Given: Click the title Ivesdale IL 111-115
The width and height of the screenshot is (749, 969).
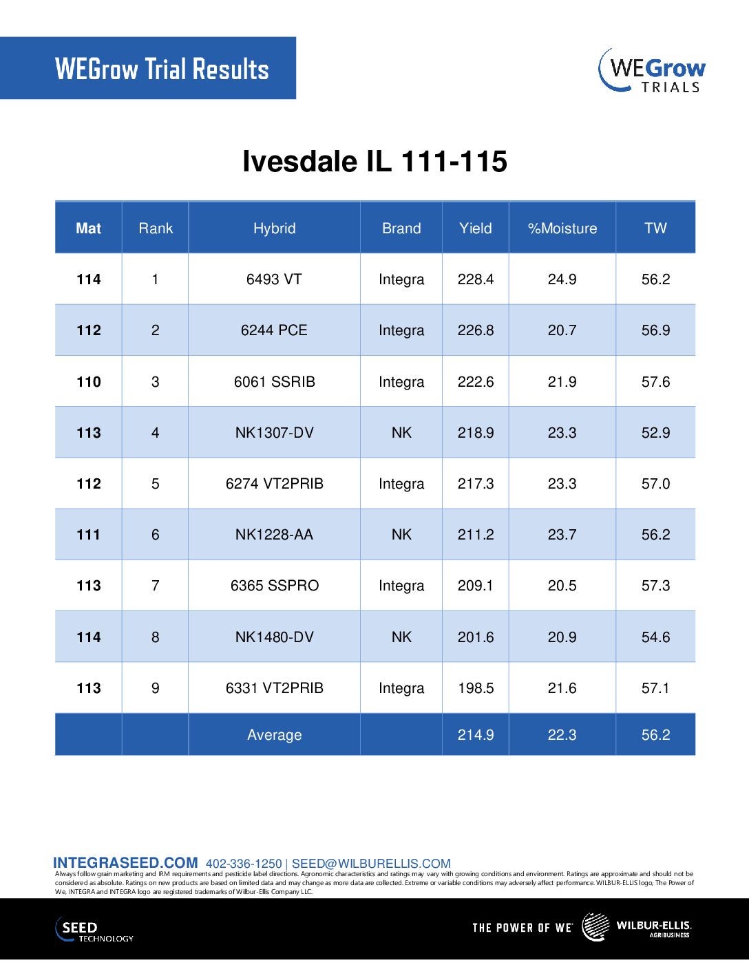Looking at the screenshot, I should tap(374, 162).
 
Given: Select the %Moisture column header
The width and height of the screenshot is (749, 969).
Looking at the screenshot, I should tap(562, 228).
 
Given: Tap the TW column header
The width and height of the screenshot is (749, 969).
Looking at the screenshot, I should tap(655, 228).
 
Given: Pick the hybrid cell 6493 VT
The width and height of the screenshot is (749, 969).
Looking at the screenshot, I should tap(274, 279).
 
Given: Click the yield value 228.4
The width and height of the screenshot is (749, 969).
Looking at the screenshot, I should tap(476, 279).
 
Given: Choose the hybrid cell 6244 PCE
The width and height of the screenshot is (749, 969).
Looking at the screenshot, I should tap(274, 330).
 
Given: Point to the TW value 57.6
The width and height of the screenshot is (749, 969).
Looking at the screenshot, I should tap(655, 382).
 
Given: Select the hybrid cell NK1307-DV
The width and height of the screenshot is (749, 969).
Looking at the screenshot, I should tap(274, 433).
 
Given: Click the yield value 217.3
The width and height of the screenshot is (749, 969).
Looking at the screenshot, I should tap(476, 484).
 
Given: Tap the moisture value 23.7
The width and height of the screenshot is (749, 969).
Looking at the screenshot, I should tap(562, 535).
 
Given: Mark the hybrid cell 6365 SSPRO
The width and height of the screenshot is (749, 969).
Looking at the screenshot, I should tap(274, 586).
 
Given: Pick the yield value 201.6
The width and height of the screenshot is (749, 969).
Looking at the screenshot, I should tap(476, 637).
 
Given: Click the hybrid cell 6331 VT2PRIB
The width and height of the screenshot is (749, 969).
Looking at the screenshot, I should tap(274, 688).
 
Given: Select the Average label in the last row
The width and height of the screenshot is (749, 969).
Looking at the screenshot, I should tap(274, 735).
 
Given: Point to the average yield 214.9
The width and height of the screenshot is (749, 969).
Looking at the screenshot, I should tap(476, 735).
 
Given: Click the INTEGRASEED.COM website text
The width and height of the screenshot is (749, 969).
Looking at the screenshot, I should tap(125, 863).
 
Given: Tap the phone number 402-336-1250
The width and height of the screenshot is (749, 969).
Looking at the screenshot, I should tap(244, 864).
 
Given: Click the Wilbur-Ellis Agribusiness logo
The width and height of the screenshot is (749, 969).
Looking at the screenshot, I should tap(637, 927).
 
